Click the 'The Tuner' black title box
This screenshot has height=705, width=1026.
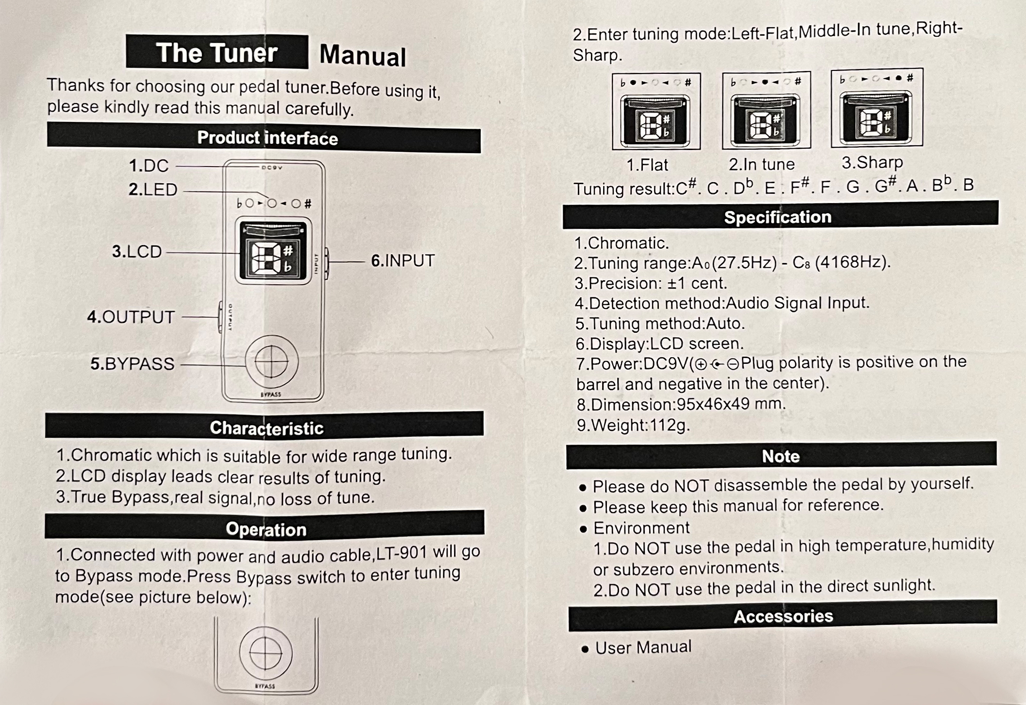click(x=217, y=52)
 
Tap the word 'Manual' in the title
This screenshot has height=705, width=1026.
click(x=362, y=56)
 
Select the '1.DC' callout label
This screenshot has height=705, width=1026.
click(x=149, y=166)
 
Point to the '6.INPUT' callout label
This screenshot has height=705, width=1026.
click(x=403, y=261)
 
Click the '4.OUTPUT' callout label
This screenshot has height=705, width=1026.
click(x=131, y=317)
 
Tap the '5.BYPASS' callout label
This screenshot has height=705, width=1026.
click(x=132, y=364)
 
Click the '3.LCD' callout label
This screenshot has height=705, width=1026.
click(x=137, y=252)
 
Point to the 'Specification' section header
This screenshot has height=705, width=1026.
click(x=778, y=217)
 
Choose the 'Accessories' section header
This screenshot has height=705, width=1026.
click(x=783, y=616)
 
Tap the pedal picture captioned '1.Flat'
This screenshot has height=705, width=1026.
click(x=656, y=112)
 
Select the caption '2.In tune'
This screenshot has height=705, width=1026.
click(x=761, y=164)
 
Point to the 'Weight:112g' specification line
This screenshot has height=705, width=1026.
click(x=633, y=425)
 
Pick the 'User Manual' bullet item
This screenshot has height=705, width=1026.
click(x=643, y=647)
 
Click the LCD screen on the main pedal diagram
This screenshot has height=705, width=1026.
click(x=273, y=252)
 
